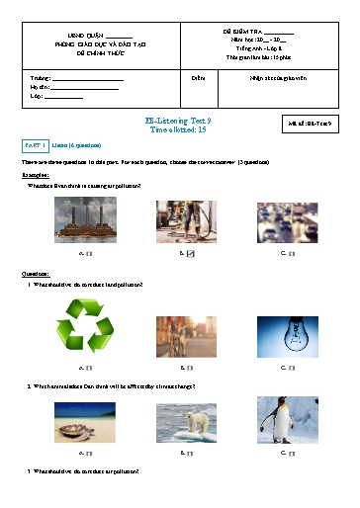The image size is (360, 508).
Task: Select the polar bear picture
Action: point(186,420)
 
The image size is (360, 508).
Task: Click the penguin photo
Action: point(287,420)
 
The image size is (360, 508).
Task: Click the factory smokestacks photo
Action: point(86,220)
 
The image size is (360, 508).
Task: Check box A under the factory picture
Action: point(89,254)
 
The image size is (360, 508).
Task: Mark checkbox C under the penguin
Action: point(291,453)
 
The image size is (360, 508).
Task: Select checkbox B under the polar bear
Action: point(190,453)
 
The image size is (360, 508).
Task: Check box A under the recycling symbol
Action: point(89,372)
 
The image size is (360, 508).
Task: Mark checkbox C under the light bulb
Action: point(291,372)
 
